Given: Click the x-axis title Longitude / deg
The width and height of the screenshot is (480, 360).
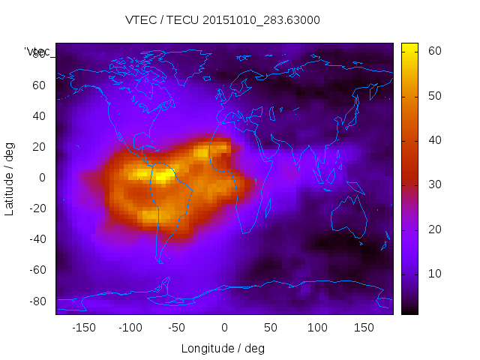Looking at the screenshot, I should [x=223, y=348].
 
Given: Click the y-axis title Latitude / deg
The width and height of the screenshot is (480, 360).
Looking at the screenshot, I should [x=10, y=177].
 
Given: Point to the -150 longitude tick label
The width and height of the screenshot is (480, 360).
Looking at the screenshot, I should [x=84, y=327].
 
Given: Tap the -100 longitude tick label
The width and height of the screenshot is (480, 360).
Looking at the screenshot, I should [x=130, y=327].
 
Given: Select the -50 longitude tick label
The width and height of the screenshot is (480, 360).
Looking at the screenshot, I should [x=177, y=327].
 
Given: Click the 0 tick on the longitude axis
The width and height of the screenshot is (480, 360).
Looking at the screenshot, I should [x=224, y=327].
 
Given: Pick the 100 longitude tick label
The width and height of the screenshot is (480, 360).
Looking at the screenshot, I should [x=317, y=327].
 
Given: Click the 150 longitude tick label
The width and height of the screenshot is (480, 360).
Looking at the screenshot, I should [x=364, y=327].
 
